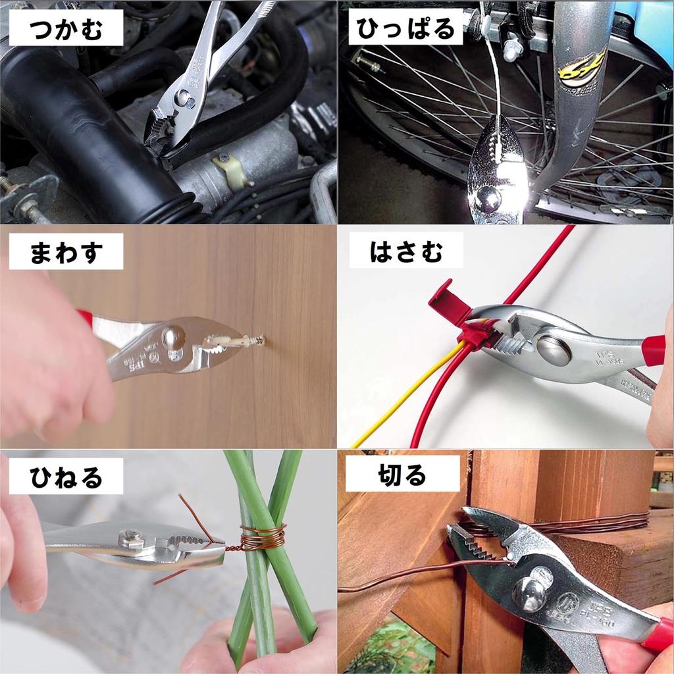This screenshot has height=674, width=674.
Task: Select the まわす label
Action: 66,254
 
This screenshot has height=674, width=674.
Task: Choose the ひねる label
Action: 66,478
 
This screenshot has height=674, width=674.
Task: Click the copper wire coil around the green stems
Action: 263,536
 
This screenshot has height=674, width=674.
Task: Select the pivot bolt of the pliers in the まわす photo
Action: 173,337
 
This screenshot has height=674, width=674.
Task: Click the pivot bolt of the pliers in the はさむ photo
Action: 554,350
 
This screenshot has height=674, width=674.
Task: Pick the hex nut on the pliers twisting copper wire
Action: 132,539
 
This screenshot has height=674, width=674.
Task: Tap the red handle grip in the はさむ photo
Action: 654,350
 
